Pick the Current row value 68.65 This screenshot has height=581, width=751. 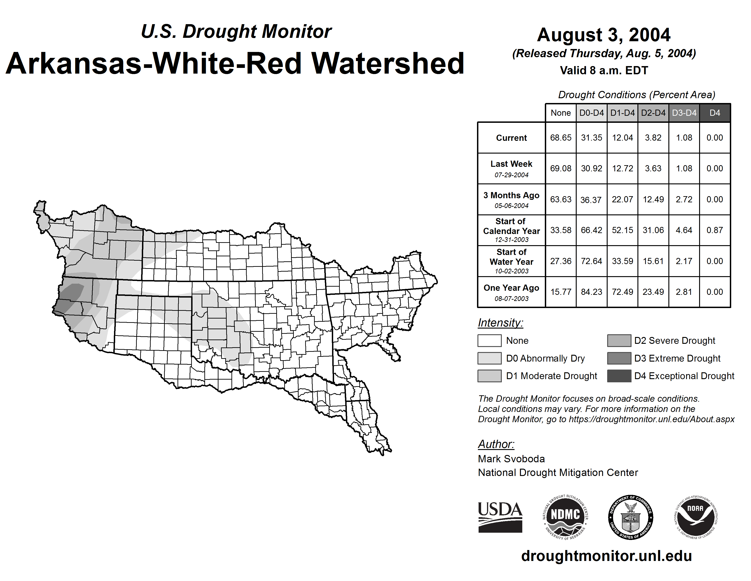pos(561,138)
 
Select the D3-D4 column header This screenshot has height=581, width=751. pos(684,113)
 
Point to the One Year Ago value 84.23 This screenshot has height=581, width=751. pos(591,292)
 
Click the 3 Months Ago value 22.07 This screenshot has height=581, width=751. pos(622,199)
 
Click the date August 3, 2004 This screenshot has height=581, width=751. pos(604,35)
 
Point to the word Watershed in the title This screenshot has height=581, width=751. pos(388,63)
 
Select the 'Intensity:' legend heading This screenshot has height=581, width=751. pos(500,323)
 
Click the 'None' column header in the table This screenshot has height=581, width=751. pos(561,113)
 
